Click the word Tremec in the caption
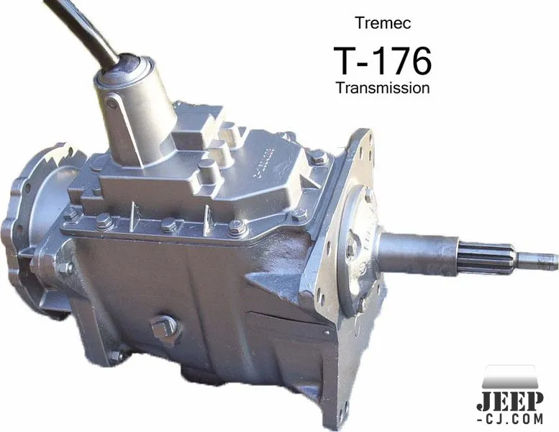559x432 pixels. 383,23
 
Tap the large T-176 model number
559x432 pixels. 383,61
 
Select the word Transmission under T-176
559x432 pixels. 383,88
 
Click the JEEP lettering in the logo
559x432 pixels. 510,402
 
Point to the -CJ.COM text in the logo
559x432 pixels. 510,419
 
